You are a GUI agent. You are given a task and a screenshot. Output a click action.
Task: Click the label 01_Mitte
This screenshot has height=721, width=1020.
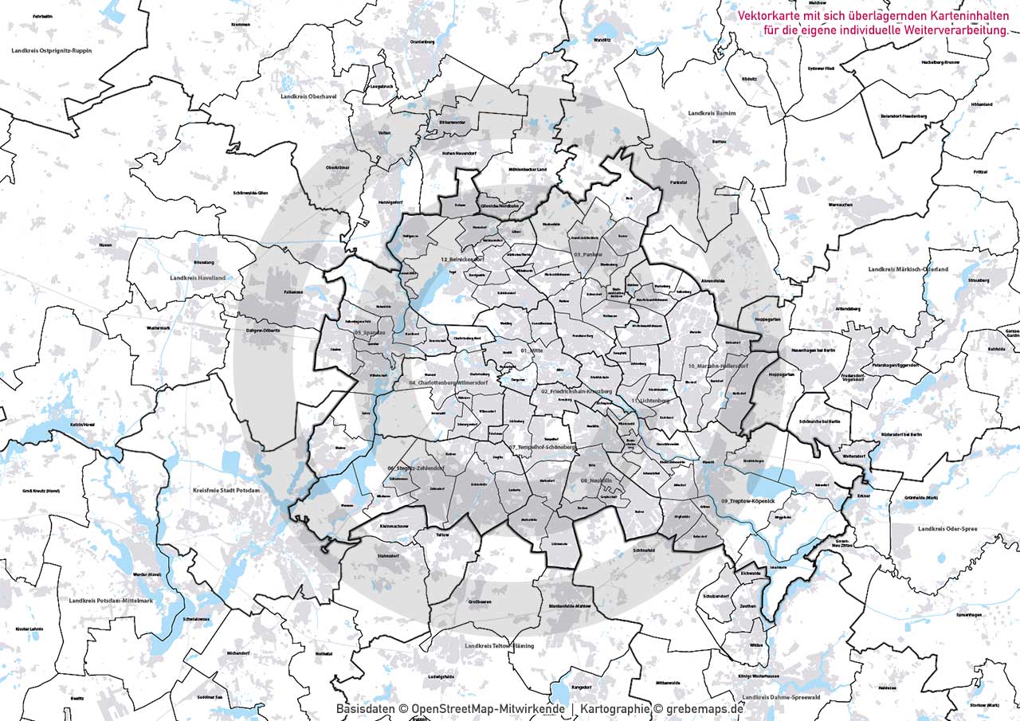(532, 351)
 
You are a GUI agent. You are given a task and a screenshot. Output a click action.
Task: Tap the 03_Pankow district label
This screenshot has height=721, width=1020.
(589, 253)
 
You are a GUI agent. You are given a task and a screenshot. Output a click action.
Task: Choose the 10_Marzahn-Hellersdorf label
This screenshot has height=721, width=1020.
(718, 366)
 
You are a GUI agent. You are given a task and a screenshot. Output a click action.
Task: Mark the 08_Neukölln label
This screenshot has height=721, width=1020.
(596, 481)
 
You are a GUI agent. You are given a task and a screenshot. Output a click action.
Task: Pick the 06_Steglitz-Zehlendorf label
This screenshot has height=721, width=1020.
(415, 468)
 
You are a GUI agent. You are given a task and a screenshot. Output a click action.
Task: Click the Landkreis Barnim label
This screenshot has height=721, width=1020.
(712, 114)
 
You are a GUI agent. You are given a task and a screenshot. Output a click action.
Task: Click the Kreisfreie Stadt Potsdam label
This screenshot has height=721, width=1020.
(226, 491)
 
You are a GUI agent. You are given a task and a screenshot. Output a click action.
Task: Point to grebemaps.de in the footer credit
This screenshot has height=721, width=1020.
(704, 708)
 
